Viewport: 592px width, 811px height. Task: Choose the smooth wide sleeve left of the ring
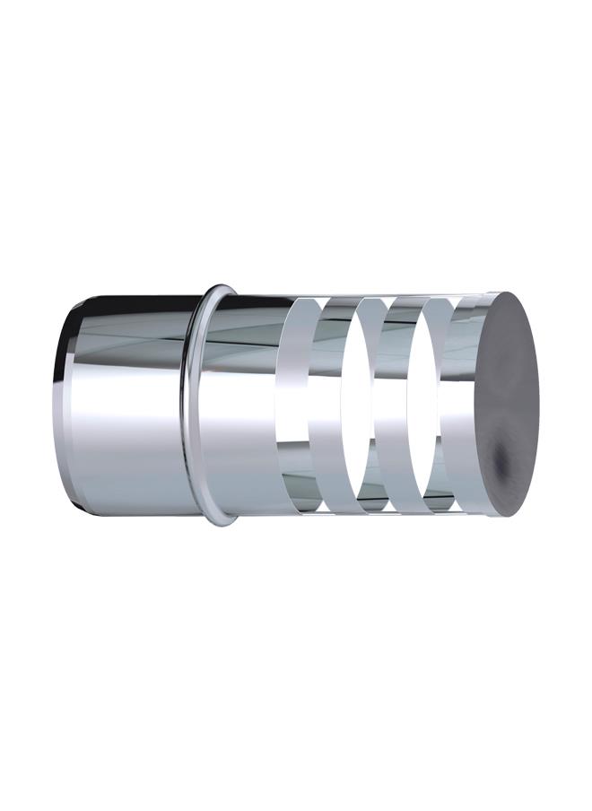(x=126, y=413)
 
